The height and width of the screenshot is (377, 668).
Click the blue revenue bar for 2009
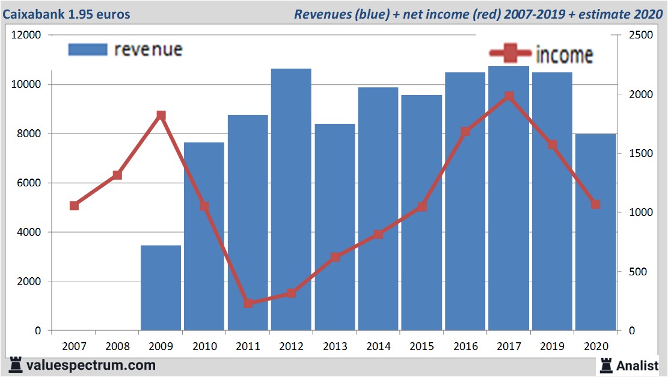(161, 288)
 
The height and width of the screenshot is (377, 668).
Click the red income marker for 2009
(161, 115)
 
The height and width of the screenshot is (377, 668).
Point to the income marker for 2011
(248, 303)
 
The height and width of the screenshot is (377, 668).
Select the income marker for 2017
(509, 96)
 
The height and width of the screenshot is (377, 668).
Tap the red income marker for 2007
(74, 206)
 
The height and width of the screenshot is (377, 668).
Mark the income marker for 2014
(378, 234)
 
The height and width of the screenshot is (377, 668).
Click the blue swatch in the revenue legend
(88, 49)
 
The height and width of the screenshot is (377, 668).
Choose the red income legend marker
(510, 54)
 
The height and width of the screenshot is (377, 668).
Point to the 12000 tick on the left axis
(26, 35)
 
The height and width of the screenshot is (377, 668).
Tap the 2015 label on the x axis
(421, 346)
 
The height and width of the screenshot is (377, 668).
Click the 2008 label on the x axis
(117, 346)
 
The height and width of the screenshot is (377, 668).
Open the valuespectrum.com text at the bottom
(90, 365)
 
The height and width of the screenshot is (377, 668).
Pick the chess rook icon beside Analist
(606, 364)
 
